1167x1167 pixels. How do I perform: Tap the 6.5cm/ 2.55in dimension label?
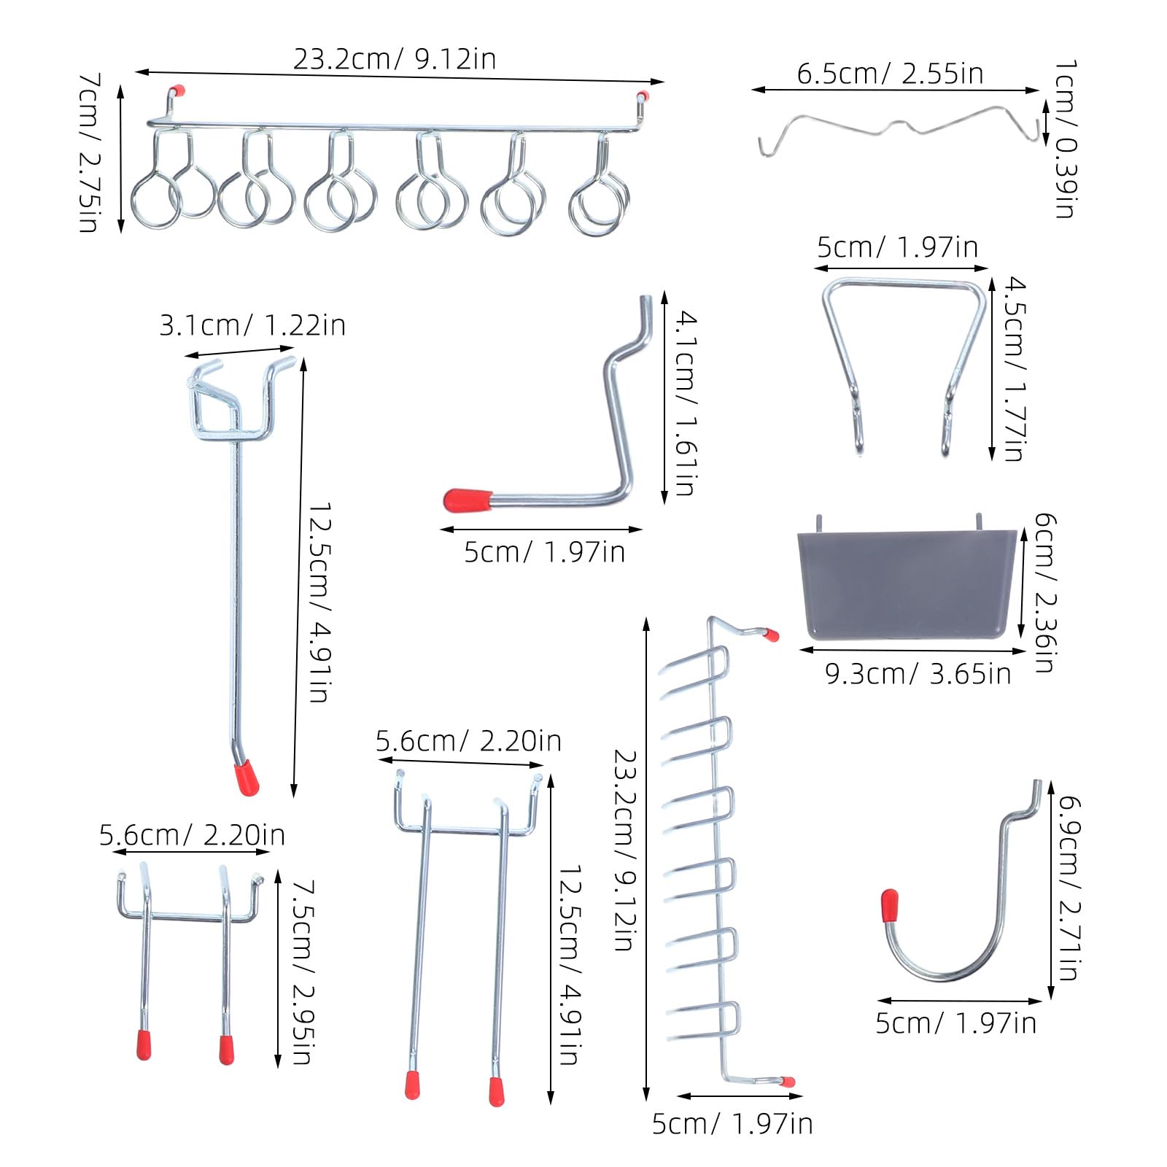890,74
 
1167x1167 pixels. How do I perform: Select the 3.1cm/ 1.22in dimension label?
252,325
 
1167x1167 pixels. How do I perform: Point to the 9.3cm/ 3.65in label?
918,674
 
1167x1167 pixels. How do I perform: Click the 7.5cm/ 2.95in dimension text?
303,972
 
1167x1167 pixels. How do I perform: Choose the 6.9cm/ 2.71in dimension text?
1069,888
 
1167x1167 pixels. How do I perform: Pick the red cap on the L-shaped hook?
467,500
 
